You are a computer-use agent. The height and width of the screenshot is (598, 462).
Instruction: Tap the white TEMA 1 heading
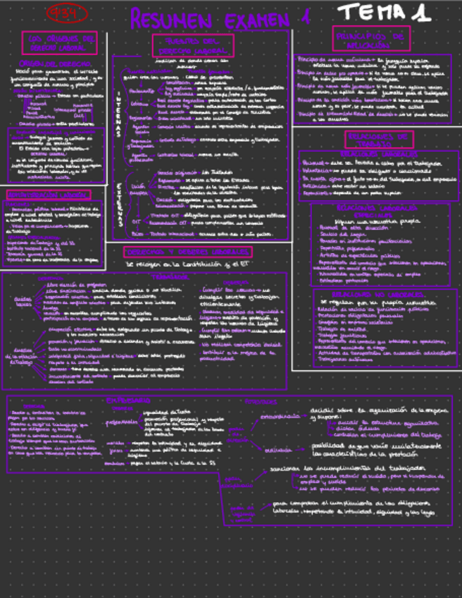(384, 12)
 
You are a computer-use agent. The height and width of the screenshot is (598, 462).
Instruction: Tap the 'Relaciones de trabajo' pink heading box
(378, 139)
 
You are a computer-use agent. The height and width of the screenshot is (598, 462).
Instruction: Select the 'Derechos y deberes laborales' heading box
(187, 252)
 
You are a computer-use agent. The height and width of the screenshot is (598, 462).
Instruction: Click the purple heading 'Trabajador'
(170, 277)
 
